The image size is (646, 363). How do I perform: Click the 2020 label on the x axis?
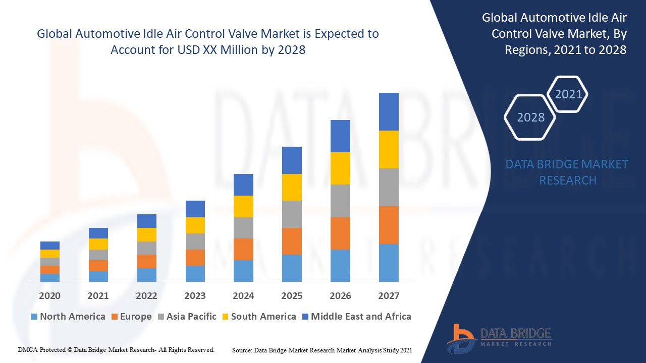coord(49,295)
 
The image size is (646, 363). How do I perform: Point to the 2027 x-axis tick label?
coord(389,295)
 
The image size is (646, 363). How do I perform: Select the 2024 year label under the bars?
coord(243,295)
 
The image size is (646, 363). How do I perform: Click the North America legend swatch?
coord(34,317)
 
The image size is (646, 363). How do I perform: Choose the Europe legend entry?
coord(131,317)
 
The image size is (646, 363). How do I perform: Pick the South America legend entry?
coord(258,317)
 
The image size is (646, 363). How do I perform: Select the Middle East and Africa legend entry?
coord(356,317)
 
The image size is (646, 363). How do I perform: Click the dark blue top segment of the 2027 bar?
coord(389,111)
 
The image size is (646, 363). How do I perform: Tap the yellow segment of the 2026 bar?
coord(340,168)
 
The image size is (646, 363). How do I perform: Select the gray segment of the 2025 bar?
coord(292,214)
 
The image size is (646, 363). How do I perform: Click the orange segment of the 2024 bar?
coord(243,249)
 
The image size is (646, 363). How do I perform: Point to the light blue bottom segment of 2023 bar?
coord(195,273)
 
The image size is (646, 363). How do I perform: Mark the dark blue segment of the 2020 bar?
coord(49,246)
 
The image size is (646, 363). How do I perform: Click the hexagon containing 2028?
coord(530,117)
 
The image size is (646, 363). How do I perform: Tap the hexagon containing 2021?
coord(568,94)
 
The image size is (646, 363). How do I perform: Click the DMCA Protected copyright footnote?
coord(116,349)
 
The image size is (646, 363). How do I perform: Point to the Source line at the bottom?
coord(322,350)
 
